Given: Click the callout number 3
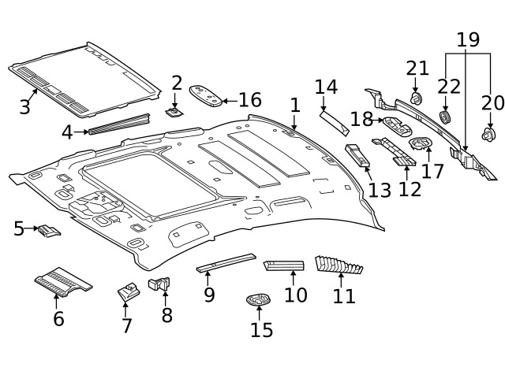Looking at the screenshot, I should tap(24, 106).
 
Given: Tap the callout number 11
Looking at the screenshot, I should tap(344, 296).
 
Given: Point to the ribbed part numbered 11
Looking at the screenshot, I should tap(338, 265).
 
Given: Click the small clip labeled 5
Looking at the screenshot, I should tap(50, 231).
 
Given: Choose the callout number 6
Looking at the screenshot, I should tap(58, 319).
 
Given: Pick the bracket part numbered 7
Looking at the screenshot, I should tap(126, 291).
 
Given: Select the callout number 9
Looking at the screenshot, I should tap(209, 295).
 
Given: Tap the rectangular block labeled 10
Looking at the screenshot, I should tap(285, 264).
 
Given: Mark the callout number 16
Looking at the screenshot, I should tap(249, 100).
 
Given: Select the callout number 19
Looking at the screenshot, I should tap(468, 39).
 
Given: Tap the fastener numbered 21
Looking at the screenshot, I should tap(416, 98).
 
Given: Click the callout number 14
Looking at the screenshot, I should tap(326, 87).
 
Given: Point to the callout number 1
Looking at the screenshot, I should tap(294, 105).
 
